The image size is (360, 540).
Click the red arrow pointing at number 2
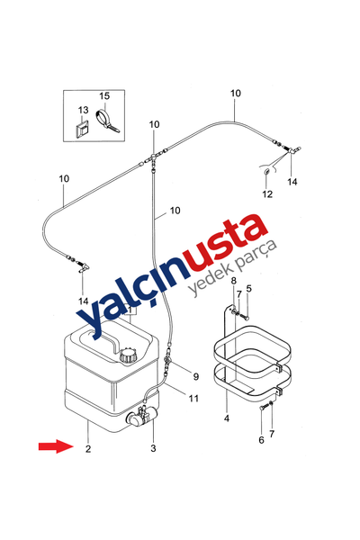pos(56,446)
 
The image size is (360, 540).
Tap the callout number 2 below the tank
pos(88,449)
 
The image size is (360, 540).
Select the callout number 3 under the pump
pos(153,448)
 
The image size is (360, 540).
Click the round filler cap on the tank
pos(129,355)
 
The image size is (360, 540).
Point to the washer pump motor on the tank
pos(142,416)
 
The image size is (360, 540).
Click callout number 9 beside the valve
pos(195,376)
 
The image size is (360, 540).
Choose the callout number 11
pos(194,398)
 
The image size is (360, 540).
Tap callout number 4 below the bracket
pos(226,418)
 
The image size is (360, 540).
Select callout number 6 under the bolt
pos(261,440)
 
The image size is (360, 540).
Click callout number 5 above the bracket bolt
pos(248,288)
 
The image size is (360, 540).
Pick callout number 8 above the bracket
pos(234,280)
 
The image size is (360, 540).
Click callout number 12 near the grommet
pos(267,193)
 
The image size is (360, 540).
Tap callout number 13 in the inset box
pos(83,110)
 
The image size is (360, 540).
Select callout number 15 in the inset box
pos(104,95)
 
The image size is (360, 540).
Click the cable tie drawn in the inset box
pos(107,121)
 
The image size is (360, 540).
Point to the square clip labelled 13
pos(82,129)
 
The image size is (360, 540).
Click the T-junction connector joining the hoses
pos(153,159)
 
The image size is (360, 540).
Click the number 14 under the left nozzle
pos(83,301)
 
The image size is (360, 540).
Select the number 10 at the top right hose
pos(236,93)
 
